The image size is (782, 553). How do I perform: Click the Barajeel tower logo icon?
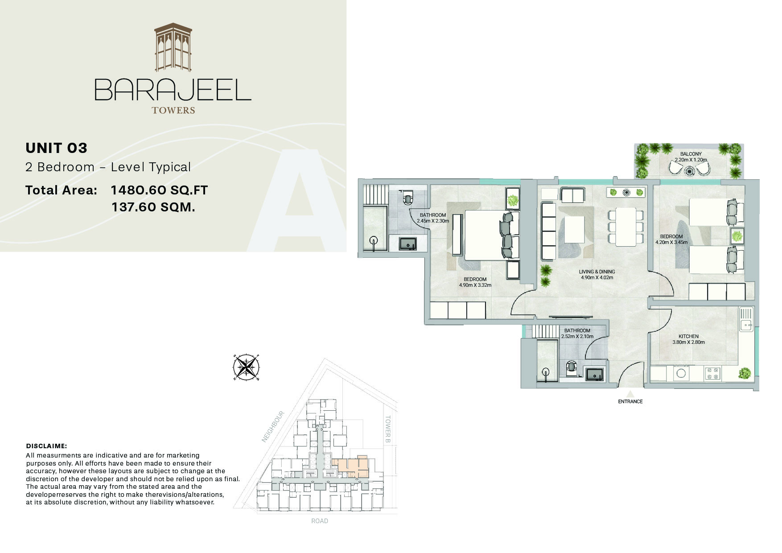(173, 48)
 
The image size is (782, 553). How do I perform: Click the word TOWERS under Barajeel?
(173, 110)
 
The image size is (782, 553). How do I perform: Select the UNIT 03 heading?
(56, 148)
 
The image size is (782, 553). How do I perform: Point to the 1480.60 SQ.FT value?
(159, 190)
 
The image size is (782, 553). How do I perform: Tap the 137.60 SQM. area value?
(153, 207)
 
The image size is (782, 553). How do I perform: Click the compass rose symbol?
(246, 367)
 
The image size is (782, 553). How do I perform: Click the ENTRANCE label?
(630, 401)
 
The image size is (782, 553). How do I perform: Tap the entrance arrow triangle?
(630, 394)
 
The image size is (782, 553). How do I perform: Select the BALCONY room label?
(691, 154)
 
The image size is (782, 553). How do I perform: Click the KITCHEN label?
(688, 336)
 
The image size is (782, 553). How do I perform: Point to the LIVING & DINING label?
(597, 272)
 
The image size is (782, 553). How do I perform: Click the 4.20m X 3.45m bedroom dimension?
(671, 243)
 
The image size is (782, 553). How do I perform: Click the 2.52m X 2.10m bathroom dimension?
(577, 336)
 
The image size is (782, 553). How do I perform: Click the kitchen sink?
(745, 319)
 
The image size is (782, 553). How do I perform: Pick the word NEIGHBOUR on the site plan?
(273, 426)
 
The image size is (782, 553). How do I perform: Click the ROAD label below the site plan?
(320, 521)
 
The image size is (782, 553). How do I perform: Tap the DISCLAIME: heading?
(46, 446)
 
